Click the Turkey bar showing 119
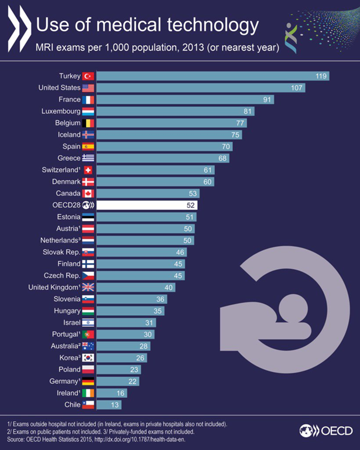(212, 76)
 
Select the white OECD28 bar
(147, 205)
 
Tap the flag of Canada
(88, 193)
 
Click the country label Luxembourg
(61, 111)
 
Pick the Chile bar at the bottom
(109, 404)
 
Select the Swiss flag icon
(88, 170)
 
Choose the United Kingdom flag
(88, 287)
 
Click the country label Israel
(70, 322)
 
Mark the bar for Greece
(163, 158)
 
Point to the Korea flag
(88, 357)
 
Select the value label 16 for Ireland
(119, 393)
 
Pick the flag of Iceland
(88, 134)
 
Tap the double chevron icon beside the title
(18, 25)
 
